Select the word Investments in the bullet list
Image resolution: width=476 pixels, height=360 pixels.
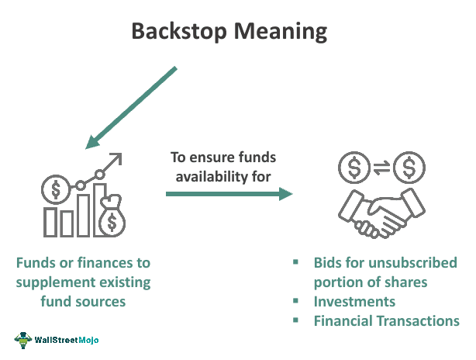(x=354, y=302)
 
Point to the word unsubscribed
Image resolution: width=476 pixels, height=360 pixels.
(x=414, y=263)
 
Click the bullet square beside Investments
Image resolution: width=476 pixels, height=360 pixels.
(x=295, y=301)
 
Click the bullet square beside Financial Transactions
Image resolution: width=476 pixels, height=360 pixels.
(x=295, y=320)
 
